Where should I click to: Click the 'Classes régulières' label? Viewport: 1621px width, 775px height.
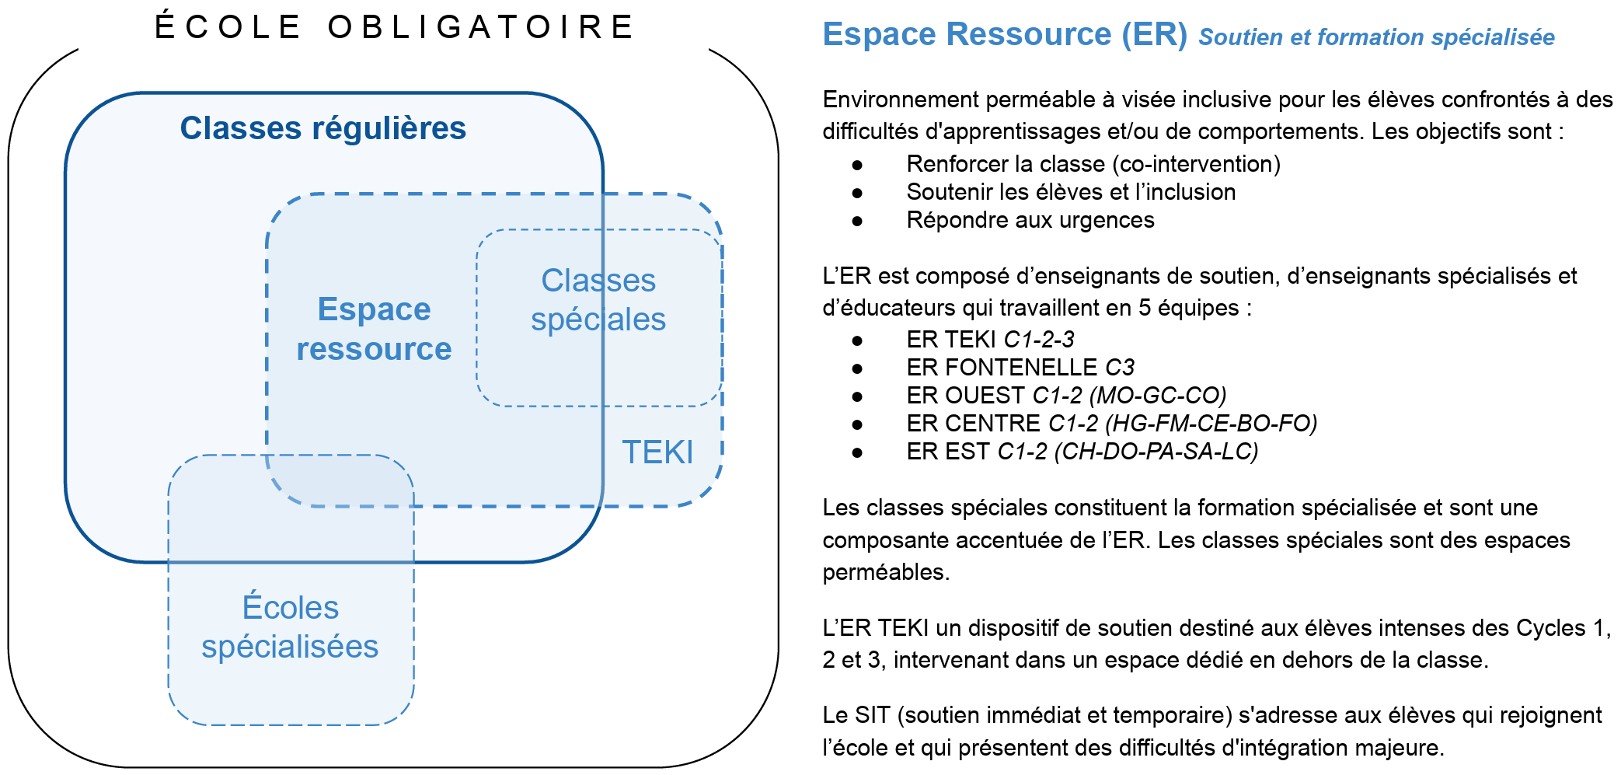(x=322, y=128)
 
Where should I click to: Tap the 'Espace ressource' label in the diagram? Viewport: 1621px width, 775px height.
(x=374, y=329)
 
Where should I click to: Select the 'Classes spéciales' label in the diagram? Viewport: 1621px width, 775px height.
(x=598, y=300)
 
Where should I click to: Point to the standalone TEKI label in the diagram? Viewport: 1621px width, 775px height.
(x=657, y=452)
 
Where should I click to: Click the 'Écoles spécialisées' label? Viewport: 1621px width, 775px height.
(x=290, y=627)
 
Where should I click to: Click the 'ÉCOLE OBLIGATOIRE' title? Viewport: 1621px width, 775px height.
(x=395, y=27)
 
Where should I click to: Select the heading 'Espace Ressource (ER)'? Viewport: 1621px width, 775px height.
(x=1004, y=34)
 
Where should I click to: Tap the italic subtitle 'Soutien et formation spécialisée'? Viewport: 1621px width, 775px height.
(x=1376, y=37)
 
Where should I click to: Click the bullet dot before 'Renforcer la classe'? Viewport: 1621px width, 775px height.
(x=857, y=165)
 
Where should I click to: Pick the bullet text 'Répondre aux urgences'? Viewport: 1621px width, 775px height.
(x=1030, y=220)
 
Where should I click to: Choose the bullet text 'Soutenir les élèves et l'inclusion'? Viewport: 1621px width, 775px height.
(x=1070, y=192)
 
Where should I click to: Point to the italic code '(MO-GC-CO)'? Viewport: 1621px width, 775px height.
(x=1158, y=396)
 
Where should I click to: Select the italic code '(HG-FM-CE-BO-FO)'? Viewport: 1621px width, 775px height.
(x=1211, y=424)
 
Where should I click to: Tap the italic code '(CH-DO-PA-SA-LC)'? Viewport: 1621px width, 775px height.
(x=1156, y=452)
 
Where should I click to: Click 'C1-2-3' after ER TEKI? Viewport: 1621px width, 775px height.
(x=1039, y=340)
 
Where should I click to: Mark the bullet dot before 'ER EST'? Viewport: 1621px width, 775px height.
(x=857, y=452)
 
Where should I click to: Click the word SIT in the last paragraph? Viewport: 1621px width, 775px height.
(x=872, y=715)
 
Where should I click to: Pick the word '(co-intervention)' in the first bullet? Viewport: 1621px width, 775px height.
(x=1196, y=164)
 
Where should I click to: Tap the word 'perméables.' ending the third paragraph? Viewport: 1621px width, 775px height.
(x=886, y=572)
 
